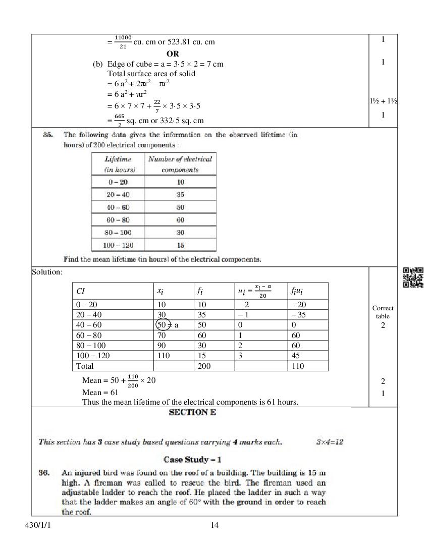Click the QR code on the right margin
point(413,277)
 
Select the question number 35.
point(48,135)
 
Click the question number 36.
point(44,473)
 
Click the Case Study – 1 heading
point(192,460)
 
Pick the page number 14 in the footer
point(215,525)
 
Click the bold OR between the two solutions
point(172,53)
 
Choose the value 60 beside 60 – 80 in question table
point(180,220)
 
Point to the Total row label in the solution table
point(85,366)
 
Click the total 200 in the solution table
point(204,366)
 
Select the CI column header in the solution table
point(81,291)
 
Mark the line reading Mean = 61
point(100,392)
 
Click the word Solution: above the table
point(47,272)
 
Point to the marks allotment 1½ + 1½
point(383,101)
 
